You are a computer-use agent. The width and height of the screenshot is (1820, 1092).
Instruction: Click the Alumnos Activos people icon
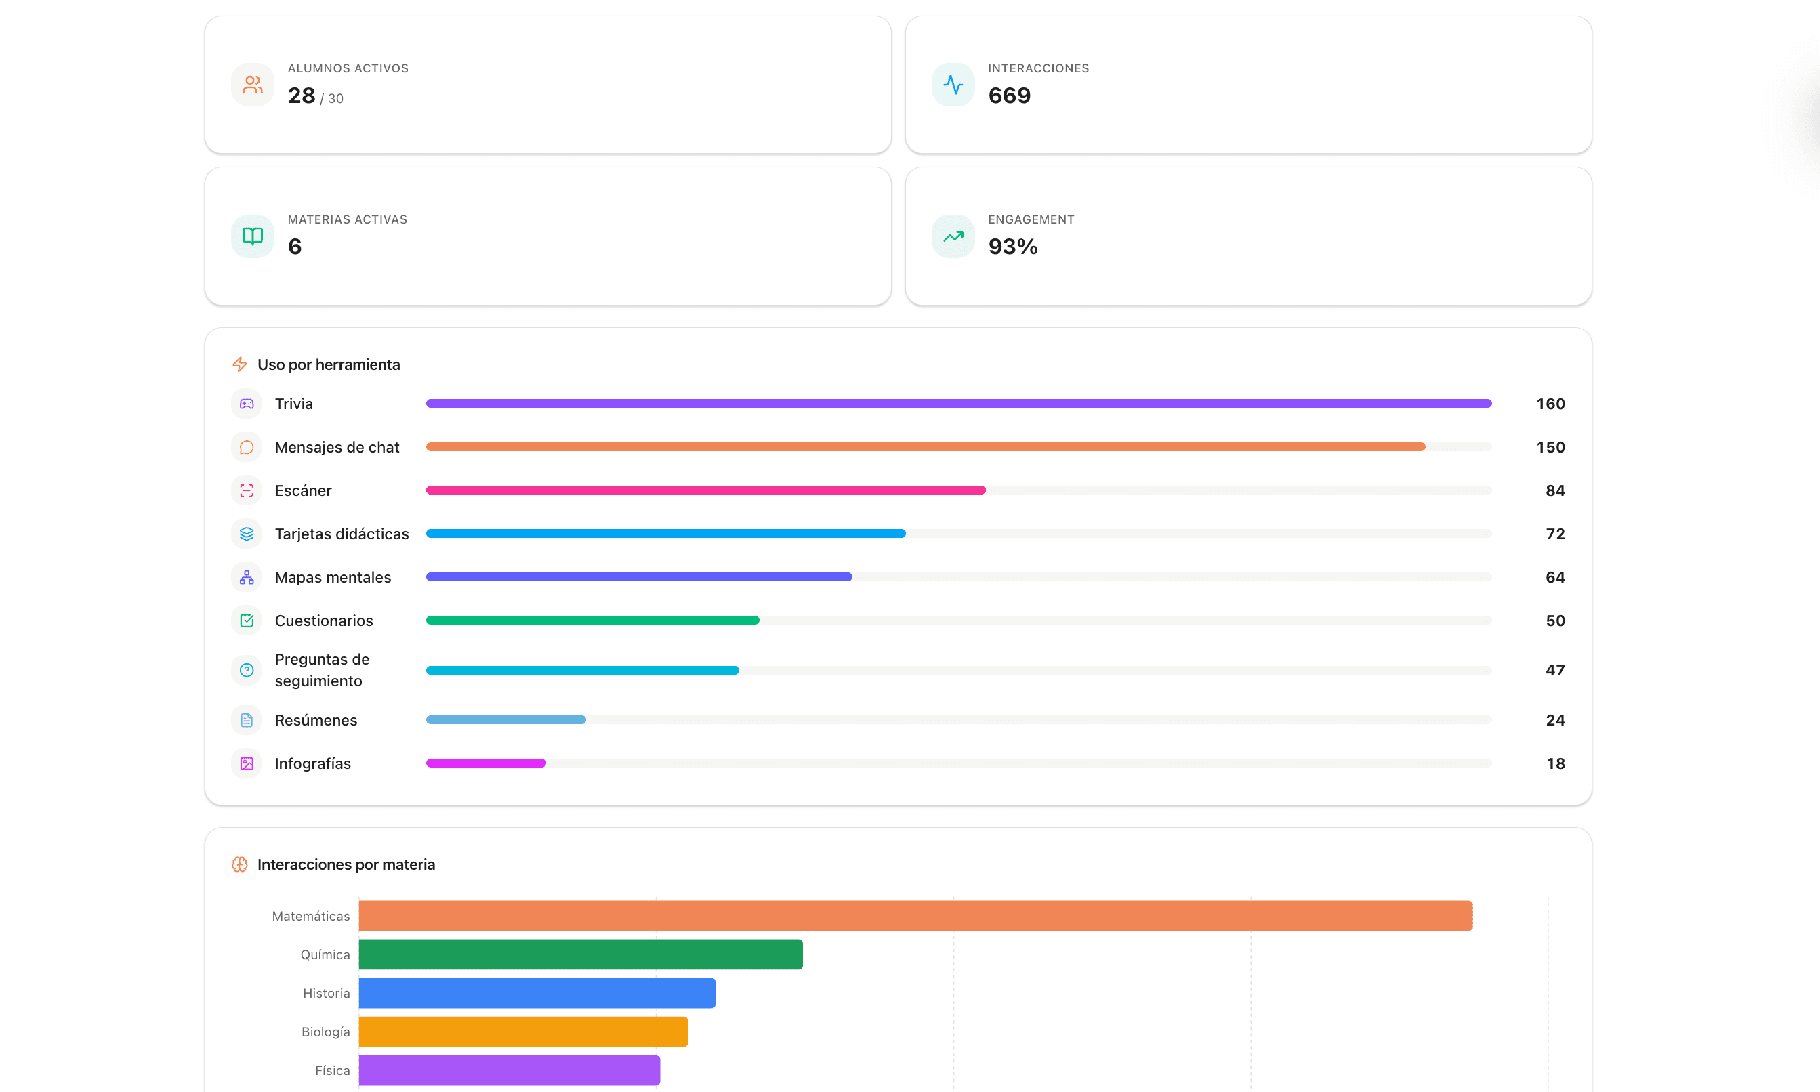tap(253, 85)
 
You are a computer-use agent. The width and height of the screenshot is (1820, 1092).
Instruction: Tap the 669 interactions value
tap(1009, 96)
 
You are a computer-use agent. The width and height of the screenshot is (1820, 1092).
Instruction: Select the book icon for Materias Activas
tap(253, 236)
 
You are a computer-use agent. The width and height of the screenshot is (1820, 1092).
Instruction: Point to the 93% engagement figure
tap(1013, 247)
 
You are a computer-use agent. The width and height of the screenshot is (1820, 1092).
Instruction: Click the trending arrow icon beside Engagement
tap(953, 236)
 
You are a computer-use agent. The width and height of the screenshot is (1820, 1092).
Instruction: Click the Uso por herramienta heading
tap(329, 364)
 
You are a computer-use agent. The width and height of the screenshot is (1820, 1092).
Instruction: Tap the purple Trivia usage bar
tap(958, 403)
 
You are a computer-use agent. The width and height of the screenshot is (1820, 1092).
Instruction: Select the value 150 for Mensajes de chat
tap(1550, 447)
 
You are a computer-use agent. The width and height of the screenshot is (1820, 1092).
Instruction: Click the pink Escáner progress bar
tap(705, 490)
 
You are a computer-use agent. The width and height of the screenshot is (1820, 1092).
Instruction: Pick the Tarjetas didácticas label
tap(342, 534)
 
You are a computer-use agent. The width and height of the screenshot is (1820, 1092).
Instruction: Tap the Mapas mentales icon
tap(247, 578)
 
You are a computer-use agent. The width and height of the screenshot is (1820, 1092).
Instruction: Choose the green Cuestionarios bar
tap(592, 621)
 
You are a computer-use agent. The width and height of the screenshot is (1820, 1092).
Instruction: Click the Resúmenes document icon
tap(247, 720)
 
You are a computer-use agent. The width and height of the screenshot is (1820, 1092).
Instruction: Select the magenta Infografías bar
tap(486, 763)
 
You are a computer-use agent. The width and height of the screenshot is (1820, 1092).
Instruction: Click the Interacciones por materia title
tap(346, 864)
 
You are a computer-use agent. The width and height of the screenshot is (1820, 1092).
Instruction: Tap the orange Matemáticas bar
tap(915, 916)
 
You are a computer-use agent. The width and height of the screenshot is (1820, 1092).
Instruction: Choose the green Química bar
tap(581, 954)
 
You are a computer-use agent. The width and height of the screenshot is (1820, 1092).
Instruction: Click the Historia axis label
tap(326, 993)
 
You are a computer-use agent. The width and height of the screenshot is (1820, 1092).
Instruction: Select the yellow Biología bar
tap(523, 1032)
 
